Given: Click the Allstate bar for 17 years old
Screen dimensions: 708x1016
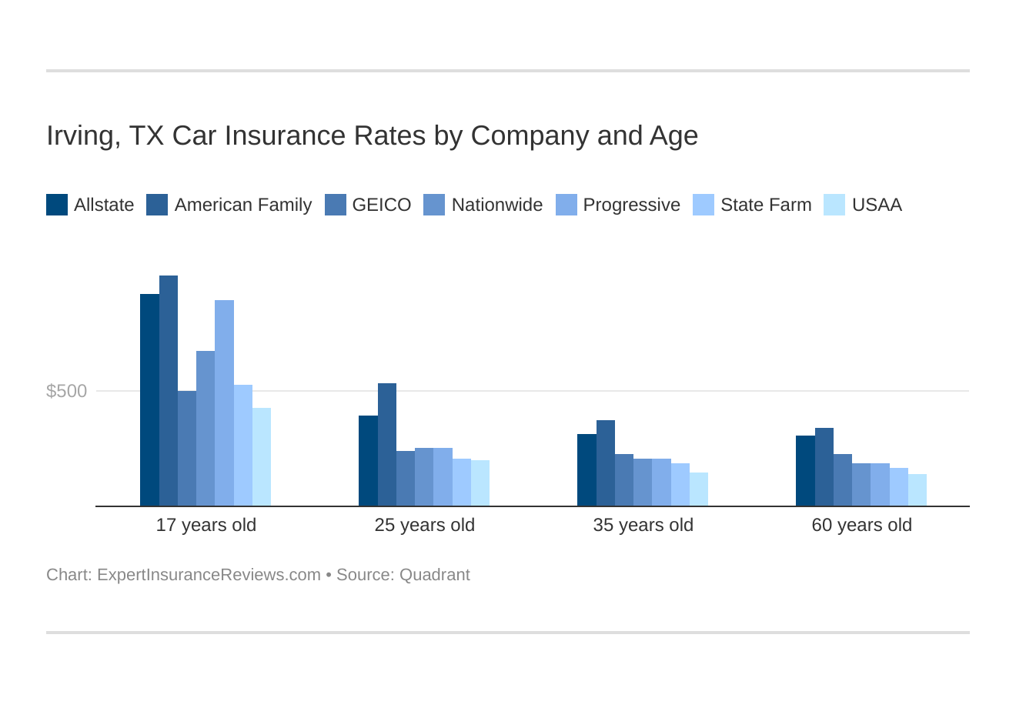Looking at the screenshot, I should [149, 399].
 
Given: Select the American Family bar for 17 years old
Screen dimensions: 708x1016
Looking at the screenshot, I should [169, 390].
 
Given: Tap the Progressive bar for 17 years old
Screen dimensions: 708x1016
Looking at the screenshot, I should [224, 402].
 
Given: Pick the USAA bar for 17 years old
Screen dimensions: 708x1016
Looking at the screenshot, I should [262, 456].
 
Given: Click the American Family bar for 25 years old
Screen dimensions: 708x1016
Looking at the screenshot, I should [387, 444].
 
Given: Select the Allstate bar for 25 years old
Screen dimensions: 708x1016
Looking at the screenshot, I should [368, 460].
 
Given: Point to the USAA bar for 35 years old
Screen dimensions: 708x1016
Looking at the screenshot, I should [699, 489].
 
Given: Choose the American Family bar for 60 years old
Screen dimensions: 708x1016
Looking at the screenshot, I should [824, 466].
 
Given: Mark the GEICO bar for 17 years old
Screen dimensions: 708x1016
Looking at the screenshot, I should [187, 448].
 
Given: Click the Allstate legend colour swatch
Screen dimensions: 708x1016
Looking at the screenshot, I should [57, 205].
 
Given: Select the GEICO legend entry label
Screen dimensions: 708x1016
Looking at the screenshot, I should [381, 205].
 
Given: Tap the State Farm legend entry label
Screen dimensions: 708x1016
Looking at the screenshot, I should [765, 205].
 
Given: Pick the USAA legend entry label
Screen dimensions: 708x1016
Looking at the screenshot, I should [876, 205].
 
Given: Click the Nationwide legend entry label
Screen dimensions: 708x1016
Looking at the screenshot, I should [496, 205].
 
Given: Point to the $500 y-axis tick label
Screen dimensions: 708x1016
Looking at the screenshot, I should [67, 391].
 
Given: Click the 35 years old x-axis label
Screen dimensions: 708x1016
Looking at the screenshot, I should [643, 525].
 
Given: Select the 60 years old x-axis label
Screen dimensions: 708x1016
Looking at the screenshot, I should [861, 525].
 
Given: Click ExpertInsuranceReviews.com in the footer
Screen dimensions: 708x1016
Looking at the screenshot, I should [209, 575].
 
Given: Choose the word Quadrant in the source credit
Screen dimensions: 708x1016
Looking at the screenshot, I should [434, 575].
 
